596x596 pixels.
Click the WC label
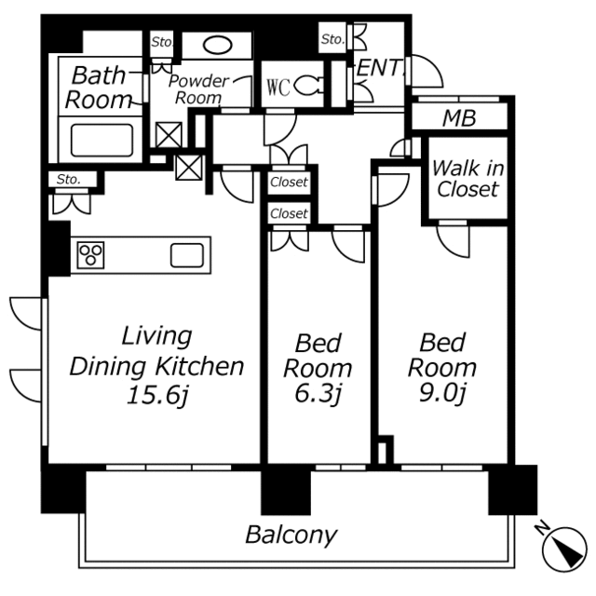(x=278, y=88)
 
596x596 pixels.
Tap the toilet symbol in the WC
(x=308, y=87)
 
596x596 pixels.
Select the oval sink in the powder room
(x=217, y=46)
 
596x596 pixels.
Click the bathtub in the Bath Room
(x=102, y=140)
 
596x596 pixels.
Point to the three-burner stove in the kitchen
(x=91, y=254)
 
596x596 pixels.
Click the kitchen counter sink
(x=187, y=255)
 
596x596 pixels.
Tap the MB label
(x=459, y=118)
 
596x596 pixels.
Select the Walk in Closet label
(x=467, y=178)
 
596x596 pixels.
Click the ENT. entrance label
(x=379, y=68)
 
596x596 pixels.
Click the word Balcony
(x=291, y=535)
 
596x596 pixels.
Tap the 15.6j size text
(x=157, y=395)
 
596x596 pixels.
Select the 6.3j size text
(x=318, y=395)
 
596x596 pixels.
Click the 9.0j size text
(x=442, y=393)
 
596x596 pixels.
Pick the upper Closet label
(x=289, y=183)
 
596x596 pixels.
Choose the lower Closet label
(x=289, y=213)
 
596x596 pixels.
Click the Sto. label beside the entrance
(x=333, y=39)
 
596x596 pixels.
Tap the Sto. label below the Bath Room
(x=68, y=179)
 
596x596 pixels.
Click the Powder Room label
(x=198, y=89)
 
